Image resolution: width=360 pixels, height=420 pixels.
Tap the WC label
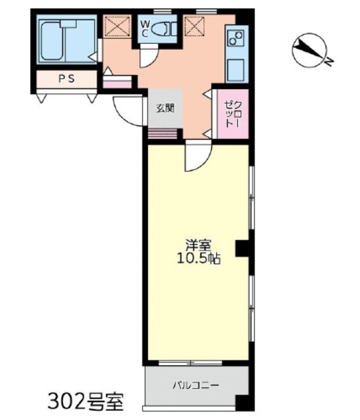coord(144,29)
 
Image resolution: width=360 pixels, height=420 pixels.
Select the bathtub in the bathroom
coord(52,41)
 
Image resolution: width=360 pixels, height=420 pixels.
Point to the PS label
coord(67,79)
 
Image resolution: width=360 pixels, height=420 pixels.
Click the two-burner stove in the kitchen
coord(235,38)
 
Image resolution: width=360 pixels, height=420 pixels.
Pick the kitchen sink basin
coord(235,70)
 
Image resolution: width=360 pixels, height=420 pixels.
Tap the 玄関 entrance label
coord(165,108)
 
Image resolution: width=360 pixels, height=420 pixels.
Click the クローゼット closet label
coord(233,114)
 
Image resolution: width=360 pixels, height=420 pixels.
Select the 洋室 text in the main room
coord(198,244)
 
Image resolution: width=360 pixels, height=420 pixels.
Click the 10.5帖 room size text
coord(198,259)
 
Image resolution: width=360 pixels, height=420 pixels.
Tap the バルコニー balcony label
coord(195,385)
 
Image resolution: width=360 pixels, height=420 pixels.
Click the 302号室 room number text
coord(85,402)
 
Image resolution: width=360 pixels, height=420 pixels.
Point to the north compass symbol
coord(310,50)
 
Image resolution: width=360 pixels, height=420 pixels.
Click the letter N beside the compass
coord(329,62)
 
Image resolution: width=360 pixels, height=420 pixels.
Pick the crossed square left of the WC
coord(117,26)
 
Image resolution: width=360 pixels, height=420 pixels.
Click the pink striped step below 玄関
coord(163,134)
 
